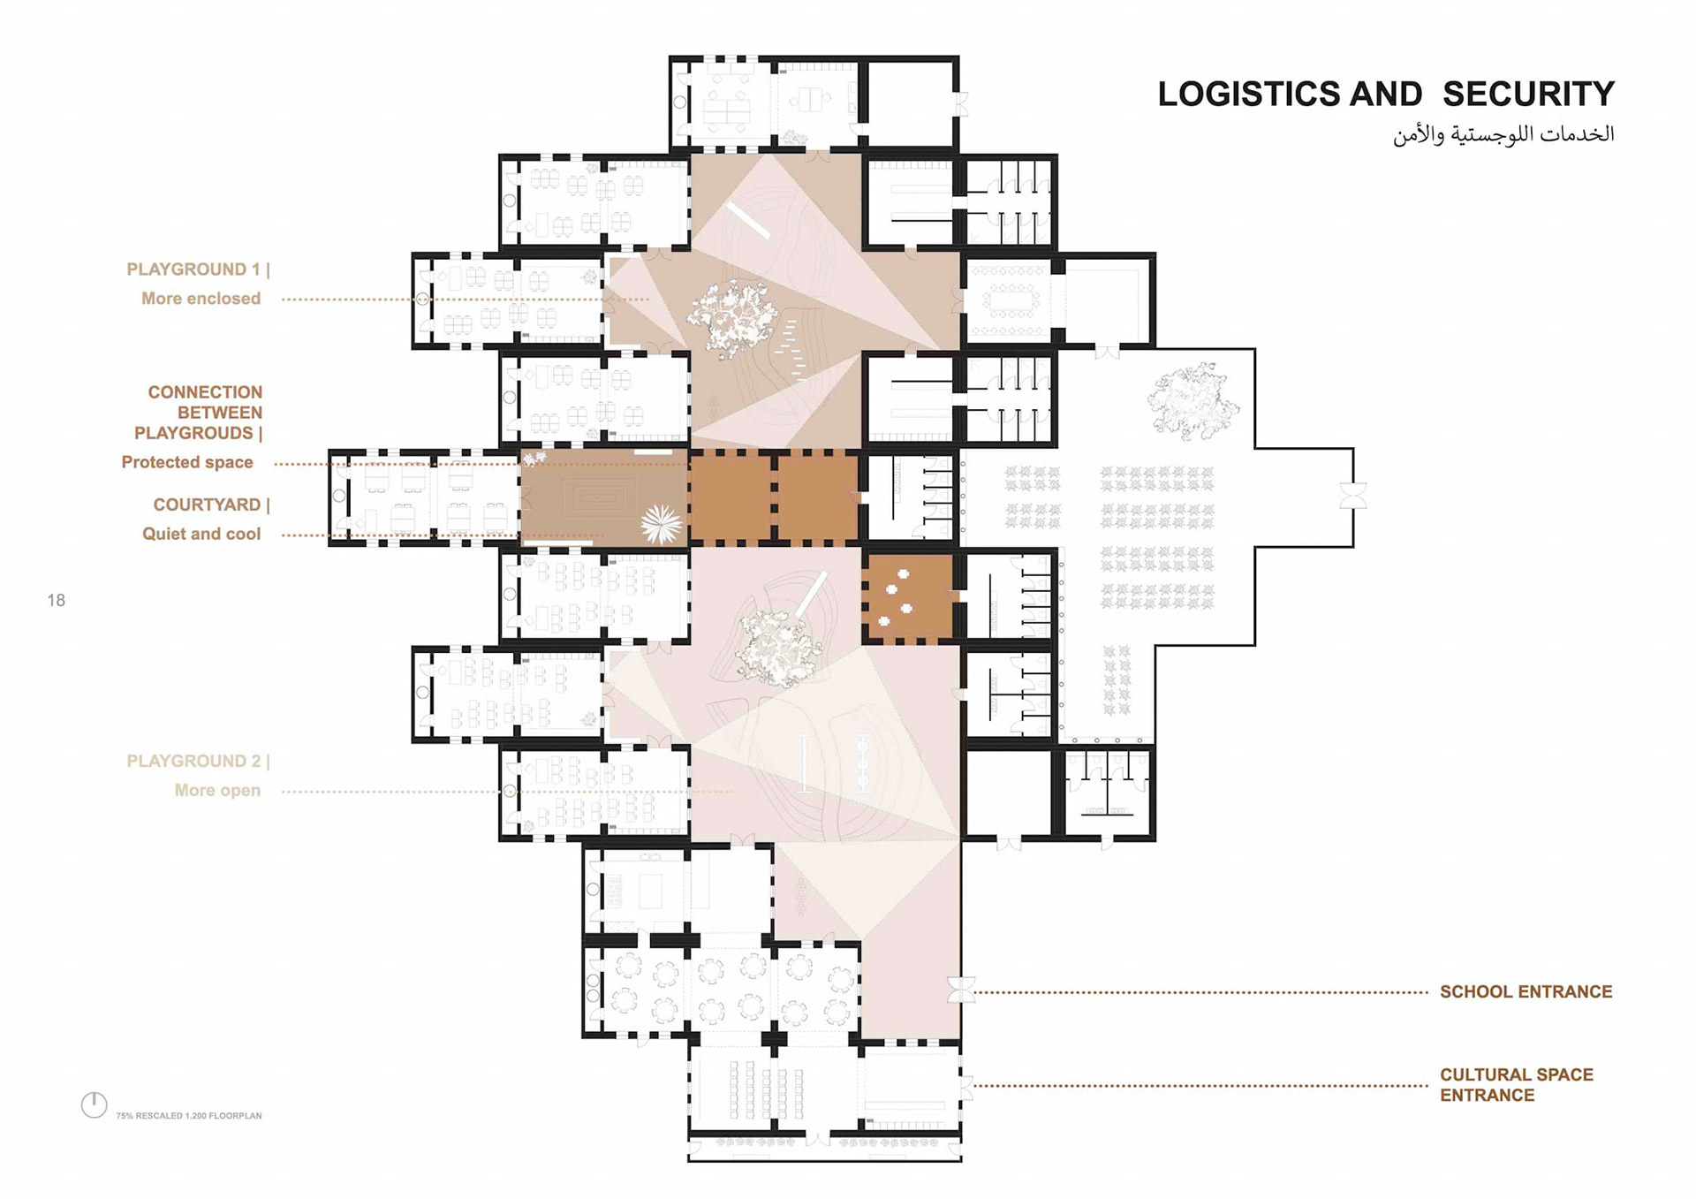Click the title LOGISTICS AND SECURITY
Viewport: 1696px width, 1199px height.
(1386, 95)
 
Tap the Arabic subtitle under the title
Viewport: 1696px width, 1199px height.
(1503, 134)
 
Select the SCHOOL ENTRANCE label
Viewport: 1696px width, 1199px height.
(1526, 992)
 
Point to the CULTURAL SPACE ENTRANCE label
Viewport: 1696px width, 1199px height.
(1517, 1085)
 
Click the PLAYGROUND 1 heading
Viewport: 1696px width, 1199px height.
(198, 269)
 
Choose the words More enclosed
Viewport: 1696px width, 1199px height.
(201, 299)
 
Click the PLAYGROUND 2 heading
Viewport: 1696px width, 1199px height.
(198, 762)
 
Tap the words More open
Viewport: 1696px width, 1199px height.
(217, 791)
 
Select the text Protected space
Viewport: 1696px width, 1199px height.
(187, 462)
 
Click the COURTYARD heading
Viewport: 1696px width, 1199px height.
(211, 505)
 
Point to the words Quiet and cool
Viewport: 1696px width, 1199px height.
(201, 534)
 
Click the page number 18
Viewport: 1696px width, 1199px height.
(57, 601)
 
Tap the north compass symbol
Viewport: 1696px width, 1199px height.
(95, 1104)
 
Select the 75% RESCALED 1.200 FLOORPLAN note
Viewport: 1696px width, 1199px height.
(189, 1116)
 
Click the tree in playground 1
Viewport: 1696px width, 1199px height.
(732, 318)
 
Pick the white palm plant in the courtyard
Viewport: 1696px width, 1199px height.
(662, 523)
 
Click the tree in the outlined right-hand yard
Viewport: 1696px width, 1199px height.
(1193, 402)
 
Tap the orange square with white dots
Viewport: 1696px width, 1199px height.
(909, 597)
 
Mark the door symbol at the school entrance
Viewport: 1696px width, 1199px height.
(961, 990)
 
